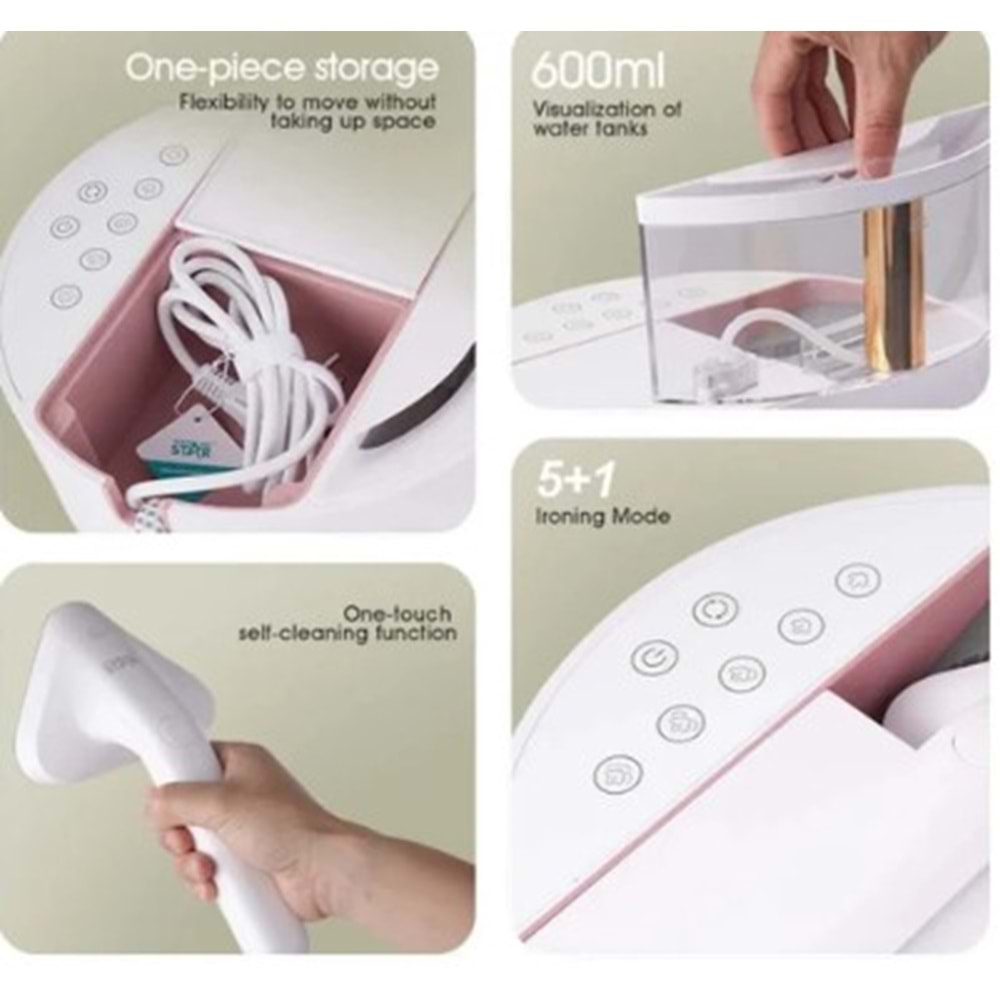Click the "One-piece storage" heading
(282, 68)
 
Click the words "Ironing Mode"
(603, 517)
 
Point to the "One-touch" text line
(396, 613)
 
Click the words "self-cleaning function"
(347, 633)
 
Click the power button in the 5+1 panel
(654, 657)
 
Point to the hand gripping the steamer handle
(230, 800)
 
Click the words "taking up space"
(353, 121)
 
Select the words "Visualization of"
(607, 109)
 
